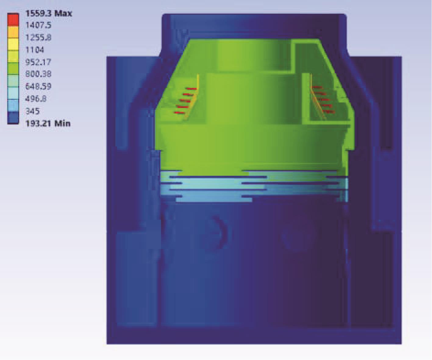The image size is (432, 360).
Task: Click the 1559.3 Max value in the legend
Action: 48,13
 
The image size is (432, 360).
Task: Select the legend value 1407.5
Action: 38,25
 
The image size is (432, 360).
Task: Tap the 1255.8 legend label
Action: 38,38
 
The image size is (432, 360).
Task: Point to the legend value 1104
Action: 34,50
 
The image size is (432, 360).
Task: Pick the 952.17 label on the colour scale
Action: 38,62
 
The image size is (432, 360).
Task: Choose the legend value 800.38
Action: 38,74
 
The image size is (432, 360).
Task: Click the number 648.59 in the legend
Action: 38,86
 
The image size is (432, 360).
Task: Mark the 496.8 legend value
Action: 36,99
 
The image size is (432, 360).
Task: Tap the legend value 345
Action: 32,111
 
